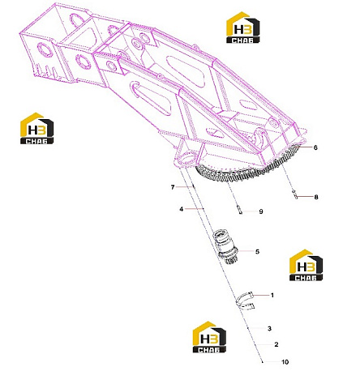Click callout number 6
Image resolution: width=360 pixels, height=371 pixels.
pos(315,147)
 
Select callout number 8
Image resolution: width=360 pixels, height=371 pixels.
pos(316,197)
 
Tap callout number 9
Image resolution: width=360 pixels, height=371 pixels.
pos(261,211)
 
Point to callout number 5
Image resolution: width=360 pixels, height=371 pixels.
pos(257,251)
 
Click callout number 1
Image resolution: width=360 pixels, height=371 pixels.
pos(272,295)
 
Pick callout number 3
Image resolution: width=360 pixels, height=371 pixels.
pos(269,328)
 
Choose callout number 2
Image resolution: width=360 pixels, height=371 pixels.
pos(276,344)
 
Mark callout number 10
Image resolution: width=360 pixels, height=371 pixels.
pos(285,362)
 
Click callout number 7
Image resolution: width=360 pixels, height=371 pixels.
pos(173,187)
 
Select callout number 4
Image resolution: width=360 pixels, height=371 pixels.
pos(182,209)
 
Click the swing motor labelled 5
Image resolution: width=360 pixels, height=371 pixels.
pos(226,247)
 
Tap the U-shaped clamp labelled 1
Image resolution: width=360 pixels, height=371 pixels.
pos(244,301)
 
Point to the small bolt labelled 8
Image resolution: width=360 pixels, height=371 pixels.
pos(295,194)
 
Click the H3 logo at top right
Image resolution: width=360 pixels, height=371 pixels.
pos(242,28)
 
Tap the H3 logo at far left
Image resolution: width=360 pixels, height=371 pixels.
pos(36,128)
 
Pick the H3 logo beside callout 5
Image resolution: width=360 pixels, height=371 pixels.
pos(306,265)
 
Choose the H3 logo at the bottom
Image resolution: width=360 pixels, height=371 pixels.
pos(209,337)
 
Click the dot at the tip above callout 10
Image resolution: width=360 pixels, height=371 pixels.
pos(262,362)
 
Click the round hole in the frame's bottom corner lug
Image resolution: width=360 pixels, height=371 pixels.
pos(188,157)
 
